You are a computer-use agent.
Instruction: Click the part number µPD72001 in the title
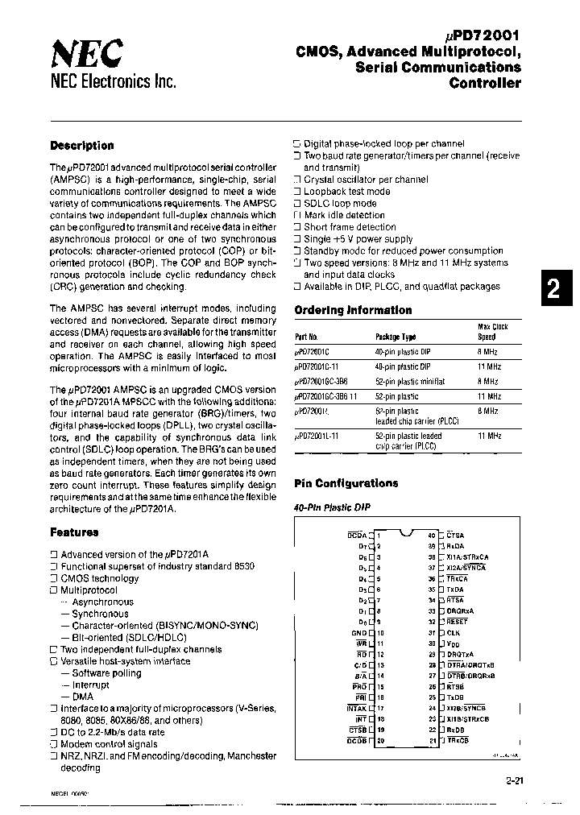(x=482, y=35)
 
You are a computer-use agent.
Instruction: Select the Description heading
(x=81, y=146)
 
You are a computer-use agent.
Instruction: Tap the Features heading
(x=74, y=532)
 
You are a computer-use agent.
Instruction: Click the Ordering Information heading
(x=353, y=310)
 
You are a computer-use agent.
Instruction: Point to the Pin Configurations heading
(x=346, y=483)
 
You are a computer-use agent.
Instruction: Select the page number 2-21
(x=519, y=780)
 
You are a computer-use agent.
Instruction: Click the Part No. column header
(x=306, y=338)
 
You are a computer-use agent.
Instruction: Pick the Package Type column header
(x=396, y=338)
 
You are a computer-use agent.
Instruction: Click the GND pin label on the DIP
(x=359, y=633)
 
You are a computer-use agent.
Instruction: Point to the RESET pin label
(x=457, y=621)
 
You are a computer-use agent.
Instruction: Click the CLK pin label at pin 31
(x=453, y=632)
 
